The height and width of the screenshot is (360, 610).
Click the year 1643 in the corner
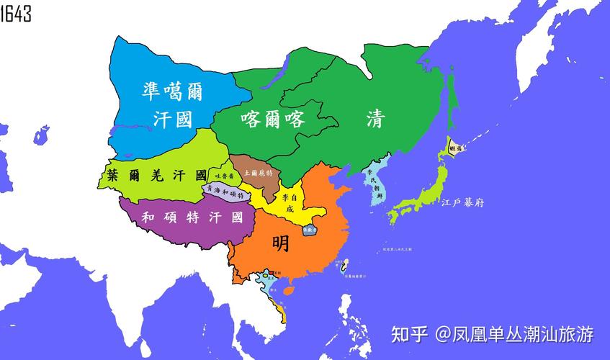click(16, 12)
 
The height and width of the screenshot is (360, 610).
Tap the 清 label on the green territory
click(374, 119)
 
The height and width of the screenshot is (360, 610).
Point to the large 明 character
click(281, 243)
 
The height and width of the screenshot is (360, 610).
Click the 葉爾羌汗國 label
click(156, 175)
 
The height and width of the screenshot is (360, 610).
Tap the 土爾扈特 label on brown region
click(256, 173)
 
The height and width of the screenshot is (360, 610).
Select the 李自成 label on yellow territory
click(288, 202)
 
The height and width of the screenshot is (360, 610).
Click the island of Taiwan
click(344, 270)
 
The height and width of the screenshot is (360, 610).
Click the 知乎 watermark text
click(408, 334)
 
